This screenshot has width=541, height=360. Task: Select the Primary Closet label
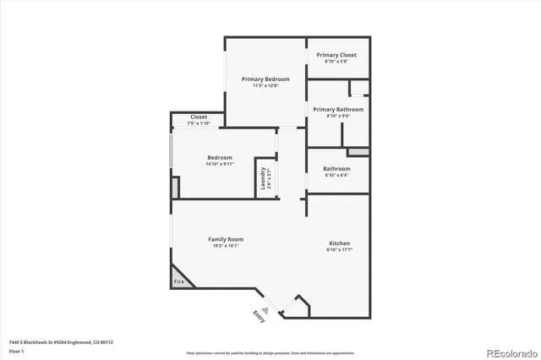point(336,54)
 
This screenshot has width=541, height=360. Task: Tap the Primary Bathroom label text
point(338,109)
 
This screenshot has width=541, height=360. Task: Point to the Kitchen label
point(339,243)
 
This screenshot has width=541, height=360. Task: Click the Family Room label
point(226,239)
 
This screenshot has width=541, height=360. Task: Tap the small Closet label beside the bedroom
point(199,117)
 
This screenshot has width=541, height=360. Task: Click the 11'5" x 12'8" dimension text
point(265,85)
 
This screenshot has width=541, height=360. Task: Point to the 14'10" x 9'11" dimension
point(220,164)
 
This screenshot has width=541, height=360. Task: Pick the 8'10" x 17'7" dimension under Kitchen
point(339,250)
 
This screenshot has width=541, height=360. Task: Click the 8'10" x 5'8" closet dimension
point(336,61)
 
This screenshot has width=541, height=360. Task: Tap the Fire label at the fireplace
point(179,281)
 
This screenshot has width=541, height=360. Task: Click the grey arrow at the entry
point(265,310)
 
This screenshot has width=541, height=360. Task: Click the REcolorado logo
point(510,352)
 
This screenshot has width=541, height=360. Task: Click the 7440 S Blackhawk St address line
point(61,342)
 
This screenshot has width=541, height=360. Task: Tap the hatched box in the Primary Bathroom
point(358,152)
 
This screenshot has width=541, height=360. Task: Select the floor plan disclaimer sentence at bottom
point(270,352)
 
